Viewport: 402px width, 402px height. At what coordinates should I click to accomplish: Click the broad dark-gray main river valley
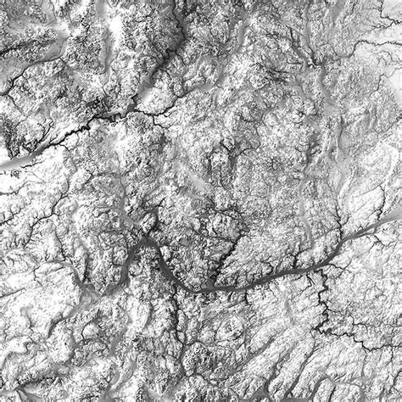click(x=254, y=282)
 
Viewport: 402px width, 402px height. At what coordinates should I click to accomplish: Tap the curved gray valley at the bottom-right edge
click(x=373, y=373)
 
